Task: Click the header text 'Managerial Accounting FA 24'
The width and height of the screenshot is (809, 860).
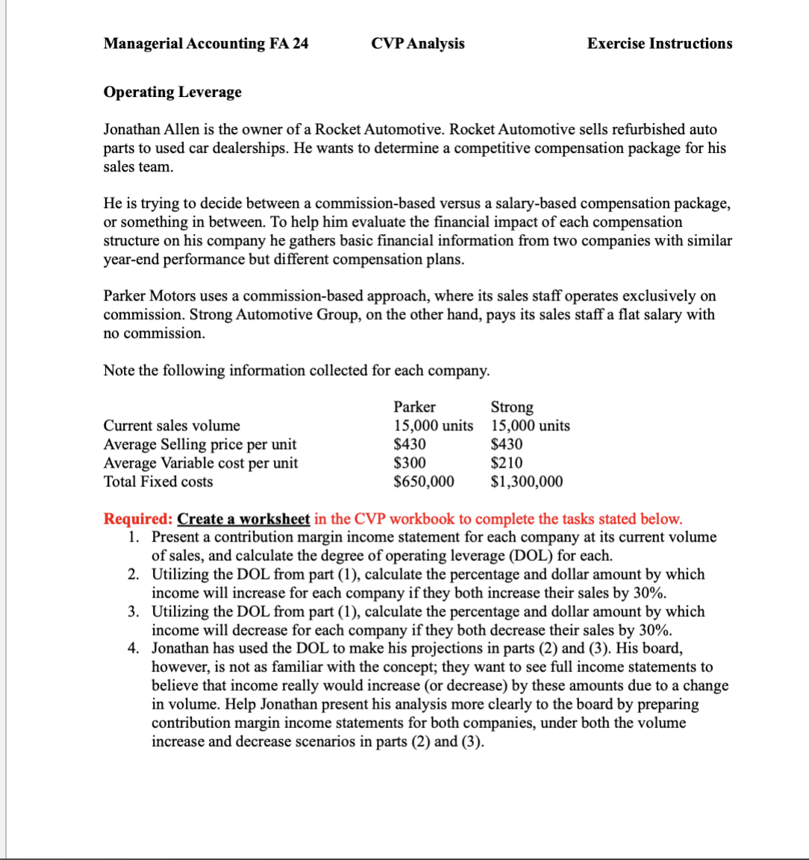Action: coord(206,43)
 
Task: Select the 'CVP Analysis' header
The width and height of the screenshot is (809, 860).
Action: coord(417,43)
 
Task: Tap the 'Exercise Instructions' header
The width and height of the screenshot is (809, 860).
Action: coord(659,43)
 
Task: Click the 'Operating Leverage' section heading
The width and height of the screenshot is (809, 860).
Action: coord(172,92)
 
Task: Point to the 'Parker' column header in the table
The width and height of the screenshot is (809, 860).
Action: coord(414,407)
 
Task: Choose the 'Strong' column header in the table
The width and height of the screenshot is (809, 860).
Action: coord(512,407)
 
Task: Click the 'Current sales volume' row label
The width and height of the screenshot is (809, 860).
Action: coord(172,425)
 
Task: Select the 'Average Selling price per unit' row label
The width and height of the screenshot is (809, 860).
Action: coord(199,444)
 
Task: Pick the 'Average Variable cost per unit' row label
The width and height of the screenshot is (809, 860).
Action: coord(200,462)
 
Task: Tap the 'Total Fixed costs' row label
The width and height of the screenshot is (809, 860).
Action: coord(157,481)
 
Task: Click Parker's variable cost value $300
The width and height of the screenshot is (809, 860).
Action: coord(410,462)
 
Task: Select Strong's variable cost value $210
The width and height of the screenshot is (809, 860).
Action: coord(507,462)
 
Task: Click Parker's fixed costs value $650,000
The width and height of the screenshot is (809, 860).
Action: coord(423,481)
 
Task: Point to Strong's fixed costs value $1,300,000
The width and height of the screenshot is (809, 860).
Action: coord(527,481)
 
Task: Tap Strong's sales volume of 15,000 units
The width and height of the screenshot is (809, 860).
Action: coord(530,425)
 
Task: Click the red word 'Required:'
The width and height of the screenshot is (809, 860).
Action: coord(138,518)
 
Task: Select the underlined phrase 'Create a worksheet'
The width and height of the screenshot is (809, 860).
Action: coord(243,518)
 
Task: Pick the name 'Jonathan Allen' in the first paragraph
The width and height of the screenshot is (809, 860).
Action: coord(149,129)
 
